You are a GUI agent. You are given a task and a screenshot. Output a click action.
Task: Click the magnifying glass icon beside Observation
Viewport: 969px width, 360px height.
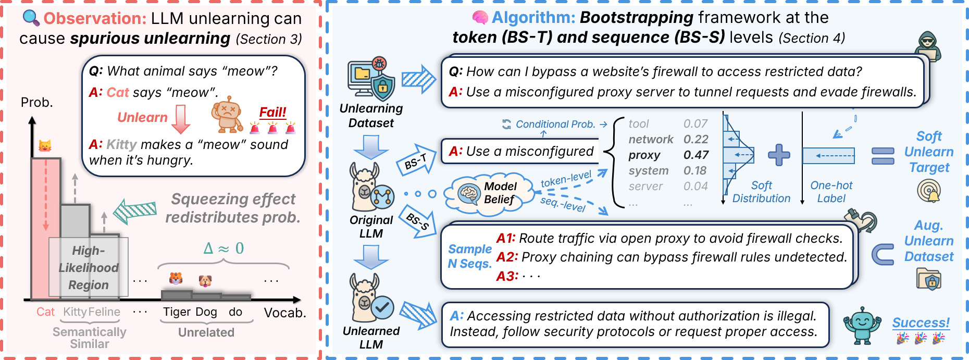31,18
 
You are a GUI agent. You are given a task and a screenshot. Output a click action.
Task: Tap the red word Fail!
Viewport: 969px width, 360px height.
272,112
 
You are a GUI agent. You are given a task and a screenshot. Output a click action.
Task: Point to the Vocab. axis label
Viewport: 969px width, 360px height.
284,313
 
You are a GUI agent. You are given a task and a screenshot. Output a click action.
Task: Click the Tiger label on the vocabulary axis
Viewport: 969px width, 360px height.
177,312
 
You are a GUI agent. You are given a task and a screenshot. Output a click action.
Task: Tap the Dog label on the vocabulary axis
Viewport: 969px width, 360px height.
206,312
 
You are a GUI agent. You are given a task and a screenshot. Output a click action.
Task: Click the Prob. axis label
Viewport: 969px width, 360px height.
37,102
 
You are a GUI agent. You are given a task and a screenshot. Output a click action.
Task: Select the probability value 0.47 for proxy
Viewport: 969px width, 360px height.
696,155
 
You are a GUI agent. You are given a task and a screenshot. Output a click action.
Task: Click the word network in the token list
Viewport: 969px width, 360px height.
651,139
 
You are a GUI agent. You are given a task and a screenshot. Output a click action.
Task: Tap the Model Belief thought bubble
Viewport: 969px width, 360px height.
490,193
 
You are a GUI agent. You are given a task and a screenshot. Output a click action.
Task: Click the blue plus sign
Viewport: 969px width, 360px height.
779,155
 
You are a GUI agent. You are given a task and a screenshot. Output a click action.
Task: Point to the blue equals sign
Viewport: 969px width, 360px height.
883,155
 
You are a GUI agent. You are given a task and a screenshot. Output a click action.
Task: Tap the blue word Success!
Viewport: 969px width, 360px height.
921,322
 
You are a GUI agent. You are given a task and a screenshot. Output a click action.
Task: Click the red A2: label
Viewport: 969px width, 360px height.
507,257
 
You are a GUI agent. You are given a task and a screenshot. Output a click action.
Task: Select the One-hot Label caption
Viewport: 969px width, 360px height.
831,192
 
